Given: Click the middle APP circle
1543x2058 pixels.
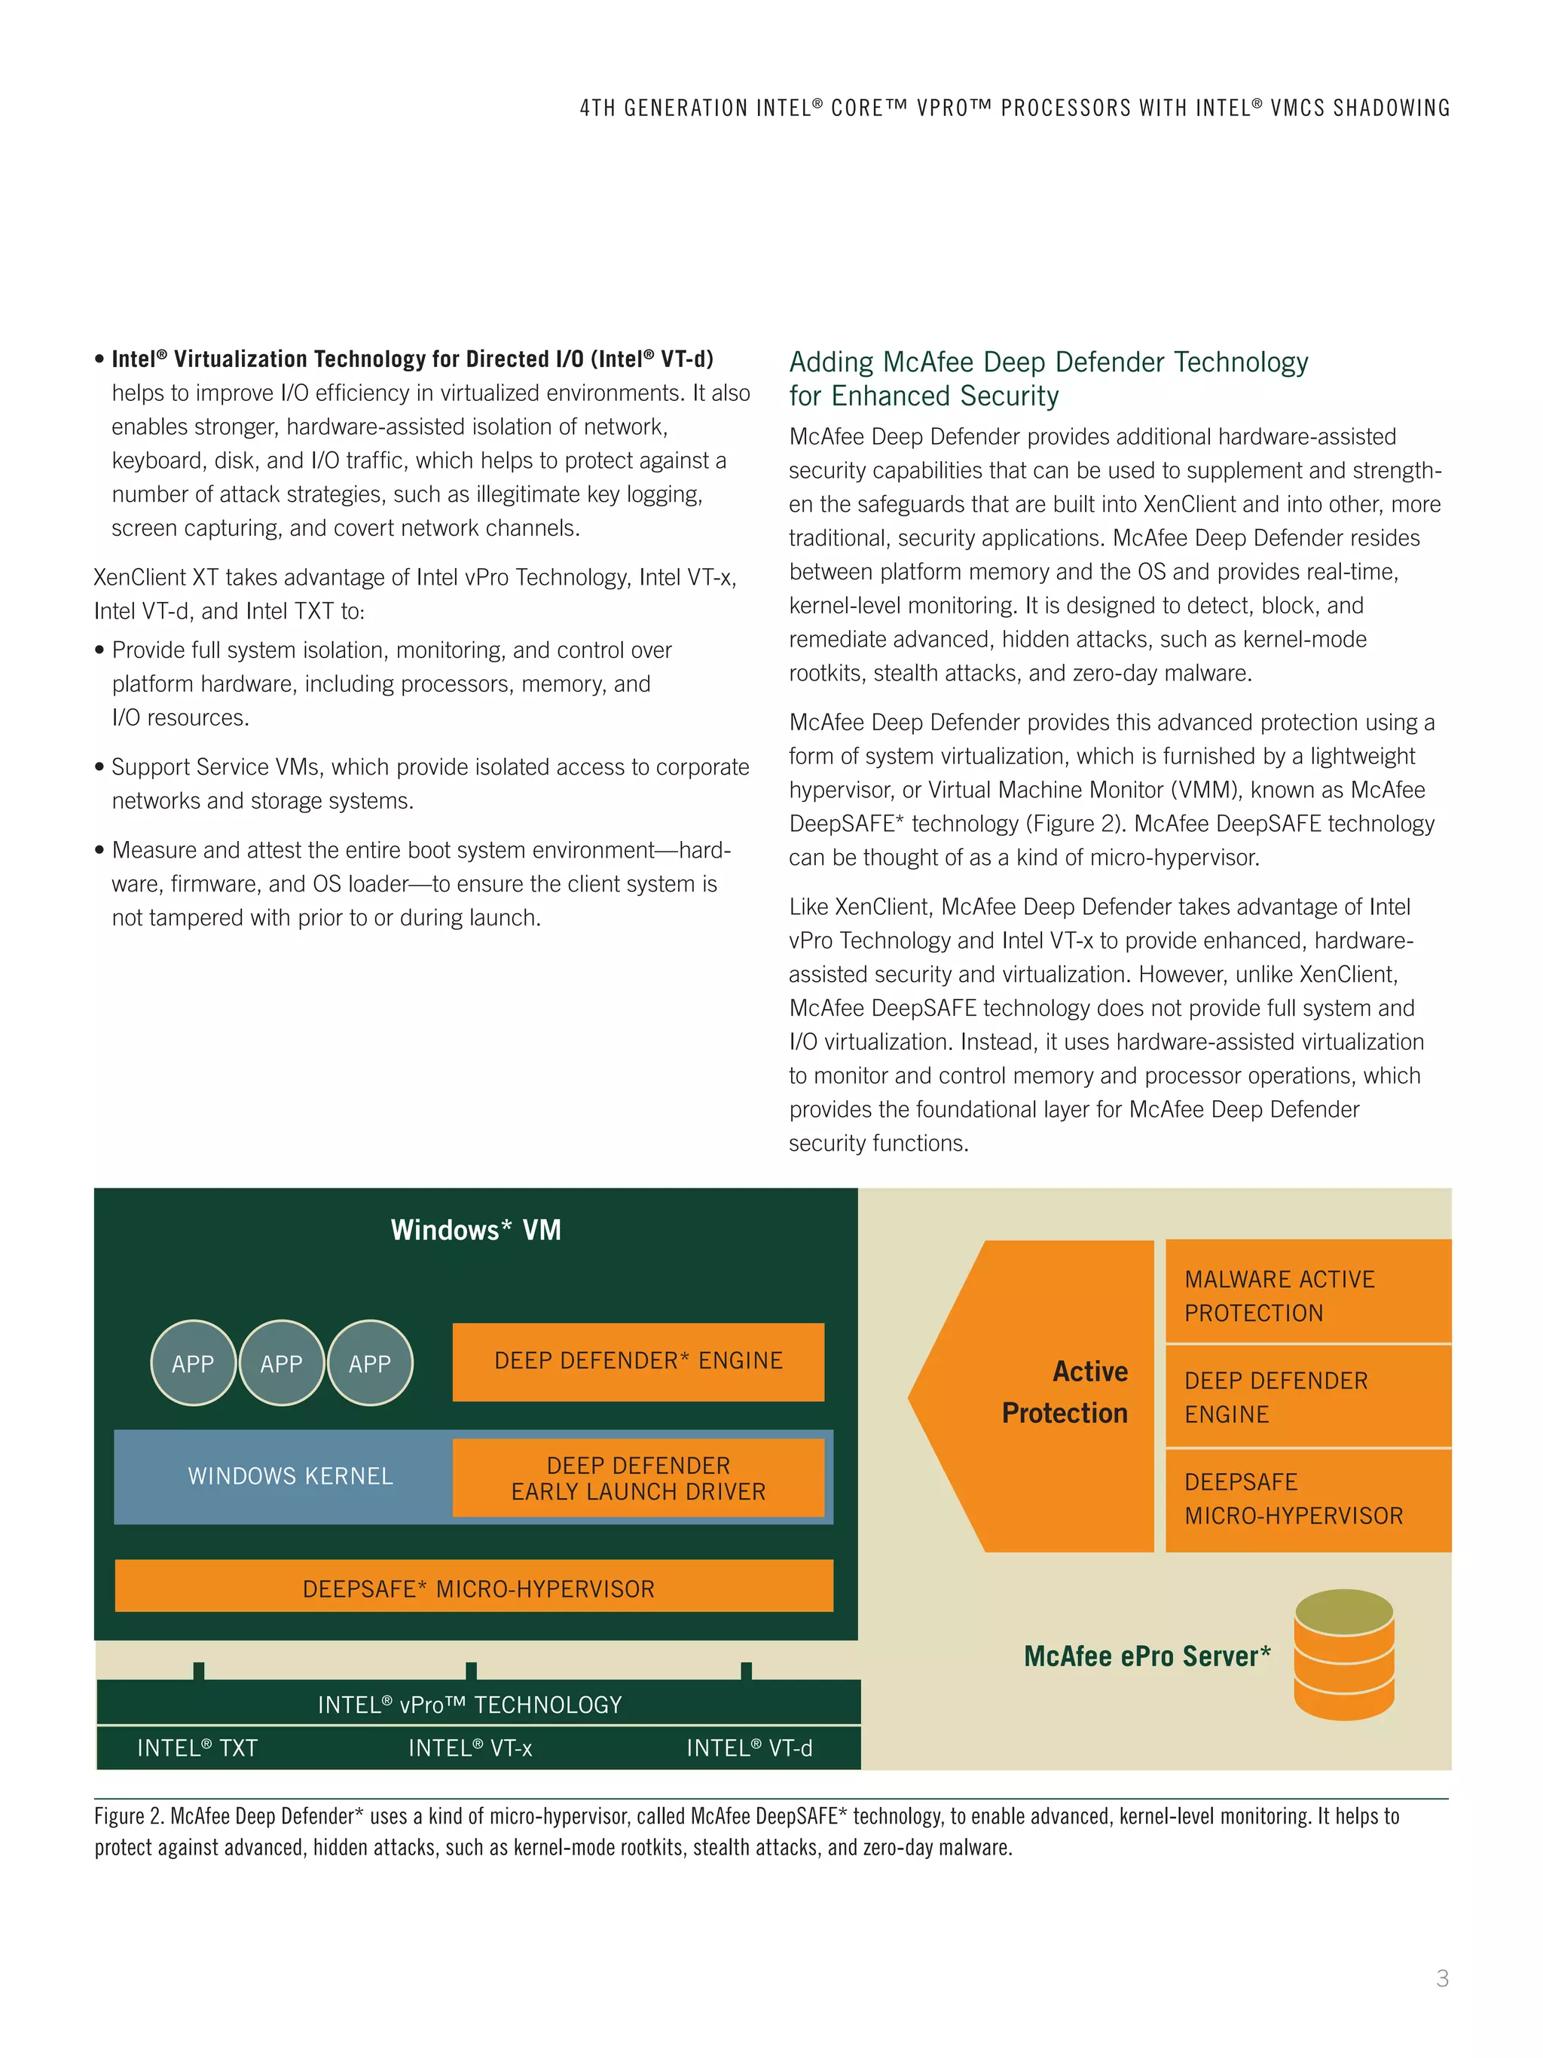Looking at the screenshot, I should click(282, 1363).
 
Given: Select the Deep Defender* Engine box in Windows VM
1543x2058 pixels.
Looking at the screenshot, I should click(638, 1361).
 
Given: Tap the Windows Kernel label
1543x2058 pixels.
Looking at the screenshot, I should click(290, 1475).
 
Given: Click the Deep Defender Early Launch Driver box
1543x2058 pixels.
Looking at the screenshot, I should click(638, 1478).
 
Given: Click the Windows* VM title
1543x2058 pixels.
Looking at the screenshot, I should click(475, 1230).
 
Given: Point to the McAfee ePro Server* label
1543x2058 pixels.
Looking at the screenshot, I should click(1147, 1656).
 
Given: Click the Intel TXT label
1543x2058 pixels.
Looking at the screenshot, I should click(197, 1748).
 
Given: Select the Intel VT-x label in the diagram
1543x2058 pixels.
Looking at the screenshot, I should click(469, 1748).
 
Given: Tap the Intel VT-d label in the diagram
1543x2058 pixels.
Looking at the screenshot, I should click(749, 1748).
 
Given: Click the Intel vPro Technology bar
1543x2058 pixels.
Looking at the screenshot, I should click(469, 1705).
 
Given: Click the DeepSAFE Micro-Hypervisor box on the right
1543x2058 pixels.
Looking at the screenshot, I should click(1306, 1498).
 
